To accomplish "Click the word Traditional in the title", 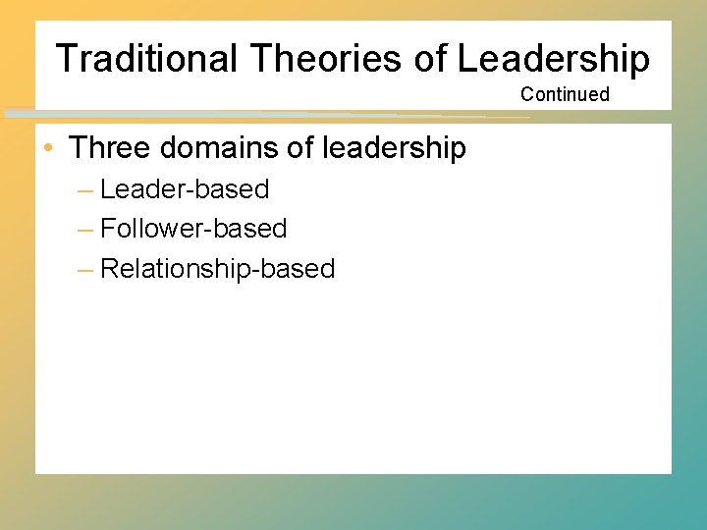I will click(x=146, y=59).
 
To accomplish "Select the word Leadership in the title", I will click(x=553, y=59).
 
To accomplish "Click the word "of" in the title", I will click(x=430, y=59).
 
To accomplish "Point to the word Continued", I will click(x=565, y=94).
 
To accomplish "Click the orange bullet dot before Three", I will click(x=48, y=149).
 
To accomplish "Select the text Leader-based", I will click(x=185, y=188).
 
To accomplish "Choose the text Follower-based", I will click(x=193, y=229).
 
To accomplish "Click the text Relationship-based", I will click(x=217, y=269).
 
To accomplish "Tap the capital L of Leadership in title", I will click(x=466, y=59).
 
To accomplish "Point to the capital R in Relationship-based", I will click(x=109, y=269).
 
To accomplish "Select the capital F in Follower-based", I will click(x=108, y=229).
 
